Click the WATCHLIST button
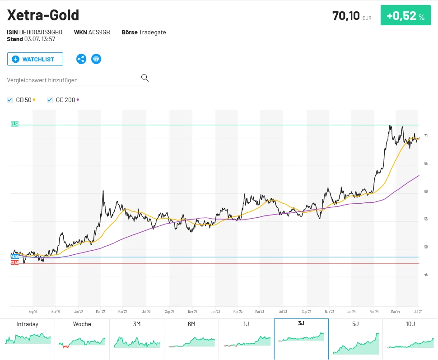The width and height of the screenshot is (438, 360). [x=35, y=59]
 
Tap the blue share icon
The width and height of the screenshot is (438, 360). [x=81, y=59]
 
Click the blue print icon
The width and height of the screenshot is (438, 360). [x=96, y=59]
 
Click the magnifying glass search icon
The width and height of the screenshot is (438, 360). [x=144, y=78]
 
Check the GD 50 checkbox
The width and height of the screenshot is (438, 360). [x=10, y=100]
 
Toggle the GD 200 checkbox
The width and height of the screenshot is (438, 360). [x=50, y=100]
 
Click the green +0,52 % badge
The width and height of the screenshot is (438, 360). [x=405, y=15]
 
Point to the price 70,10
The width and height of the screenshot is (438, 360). [x=346, y=16]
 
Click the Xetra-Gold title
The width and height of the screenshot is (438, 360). [x=43, y=15]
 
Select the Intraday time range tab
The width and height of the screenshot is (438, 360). [x=28, y=324]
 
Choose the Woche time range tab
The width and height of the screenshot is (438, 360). [x=82, y=324]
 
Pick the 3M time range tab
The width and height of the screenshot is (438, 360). [x=137, y=324]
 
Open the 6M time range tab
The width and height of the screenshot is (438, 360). [x=191, y=324]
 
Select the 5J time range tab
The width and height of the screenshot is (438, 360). [x=355, y=324]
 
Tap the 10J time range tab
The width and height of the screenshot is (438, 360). [x=410, y=324]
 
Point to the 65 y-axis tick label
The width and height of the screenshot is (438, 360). [x=425, y=163]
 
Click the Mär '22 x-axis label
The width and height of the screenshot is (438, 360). [x=100, y=311]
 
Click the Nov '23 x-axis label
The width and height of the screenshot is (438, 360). [x=330, y=311]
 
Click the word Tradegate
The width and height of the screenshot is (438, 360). [x=152, y=32]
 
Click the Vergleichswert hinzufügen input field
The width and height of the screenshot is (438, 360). [x=72, y=80]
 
